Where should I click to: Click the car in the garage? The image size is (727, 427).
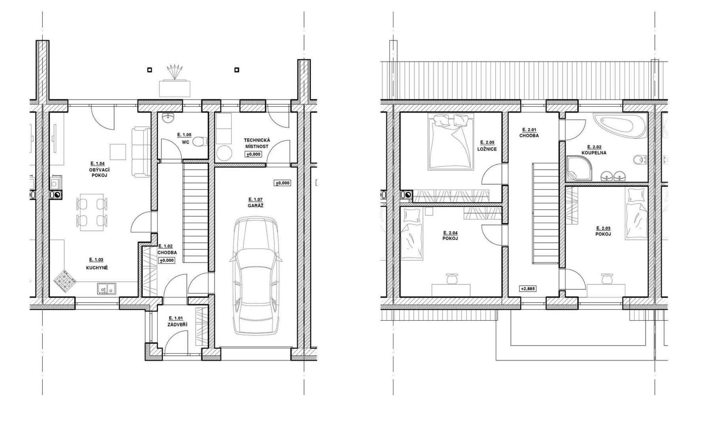click(256, 276)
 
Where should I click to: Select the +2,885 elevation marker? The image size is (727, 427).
click(527, 289)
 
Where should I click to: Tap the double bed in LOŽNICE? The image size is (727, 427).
click(451, 142)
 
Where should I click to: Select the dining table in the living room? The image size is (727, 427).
click(92, 212)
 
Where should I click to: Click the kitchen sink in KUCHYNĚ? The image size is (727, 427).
click(106, 289)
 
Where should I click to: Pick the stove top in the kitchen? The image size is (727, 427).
click(65, 281)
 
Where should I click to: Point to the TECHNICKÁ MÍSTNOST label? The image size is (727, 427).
click(257, 143)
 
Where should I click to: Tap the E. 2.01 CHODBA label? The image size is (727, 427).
click(529, 132)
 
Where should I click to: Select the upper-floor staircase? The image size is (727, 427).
click(546, 213)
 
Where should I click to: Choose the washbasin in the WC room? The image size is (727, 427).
click(170, 117)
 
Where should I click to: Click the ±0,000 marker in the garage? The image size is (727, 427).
click(283, 183)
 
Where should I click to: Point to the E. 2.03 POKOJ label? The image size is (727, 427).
click(603, 231)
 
